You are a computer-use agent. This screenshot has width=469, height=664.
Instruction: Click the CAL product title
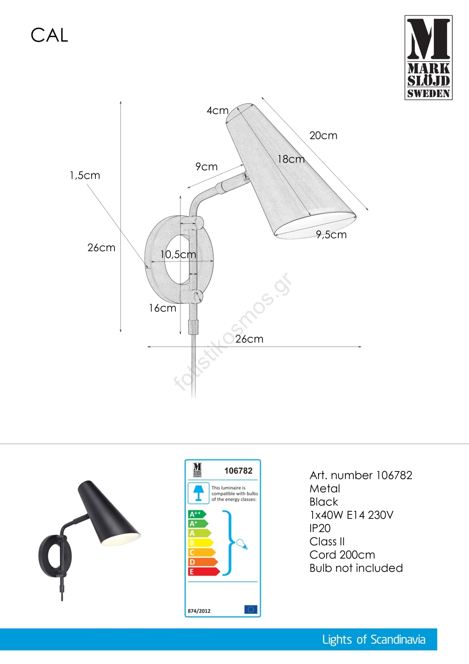click(49, 35)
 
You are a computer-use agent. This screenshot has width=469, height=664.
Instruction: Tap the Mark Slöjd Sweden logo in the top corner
click(428, 58)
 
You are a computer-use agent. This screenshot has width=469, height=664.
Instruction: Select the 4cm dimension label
click(217, 110)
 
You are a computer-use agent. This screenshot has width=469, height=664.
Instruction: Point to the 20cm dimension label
click(323, 135)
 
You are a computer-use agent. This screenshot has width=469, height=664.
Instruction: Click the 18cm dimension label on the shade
click(291, 159)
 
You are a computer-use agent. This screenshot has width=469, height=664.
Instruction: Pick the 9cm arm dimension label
click(207, 166)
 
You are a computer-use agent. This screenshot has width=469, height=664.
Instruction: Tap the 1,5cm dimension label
click(85, 176)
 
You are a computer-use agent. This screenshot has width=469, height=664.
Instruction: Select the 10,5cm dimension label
click(178, 254)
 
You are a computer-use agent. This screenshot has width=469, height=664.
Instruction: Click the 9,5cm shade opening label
click(331, 235)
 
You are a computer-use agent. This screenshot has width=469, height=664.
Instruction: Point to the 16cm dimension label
click(163, 308)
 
